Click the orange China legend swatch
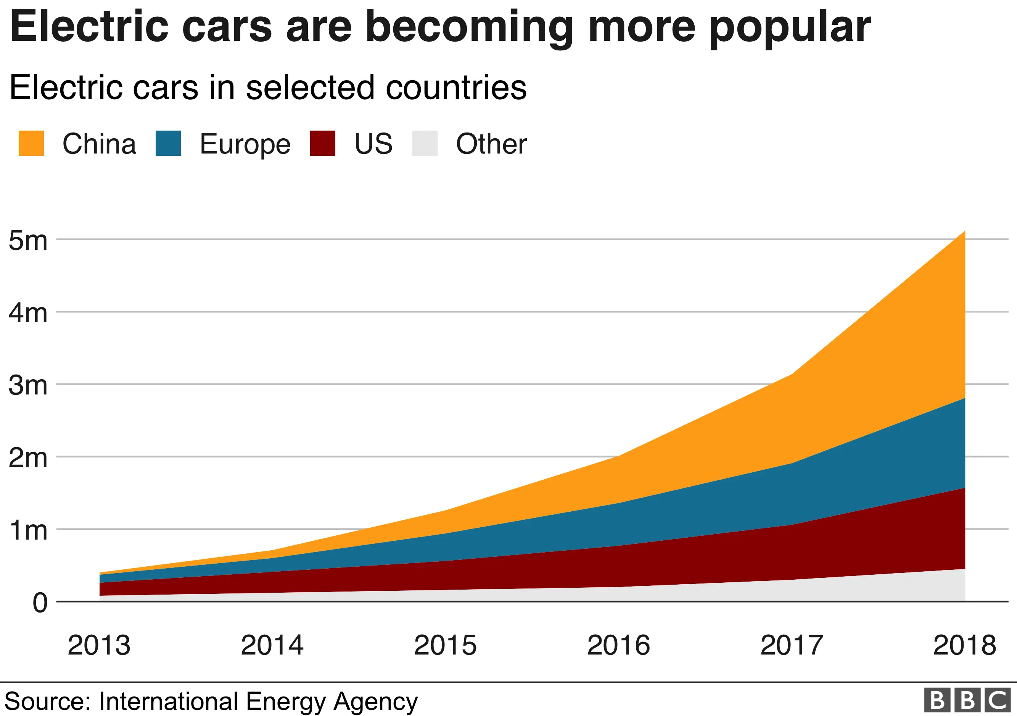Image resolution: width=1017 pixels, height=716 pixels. click(31, 143)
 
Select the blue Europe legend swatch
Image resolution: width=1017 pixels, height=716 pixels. click(168, 143)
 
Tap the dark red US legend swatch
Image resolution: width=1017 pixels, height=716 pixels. click(322, 143)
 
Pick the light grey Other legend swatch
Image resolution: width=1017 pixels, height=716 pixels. click(425, 143)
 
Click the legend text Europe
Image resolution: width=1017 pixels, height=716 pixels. click(245, 144)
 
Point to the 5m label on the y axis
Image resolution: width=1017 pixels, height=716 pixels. click(28, 241)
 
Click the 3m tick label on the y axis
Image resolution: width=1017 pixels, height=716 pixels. click(28, 385)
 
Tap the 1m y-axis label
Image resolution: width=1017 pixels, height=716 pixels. click(28, 530)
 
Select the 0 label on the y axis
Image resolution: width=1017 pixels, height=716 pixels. click(40, 603)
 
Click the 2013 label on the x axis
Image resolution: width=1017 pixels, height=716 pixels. click(99, 645)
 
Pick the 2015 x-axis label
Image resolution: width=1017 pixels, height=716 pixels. click(445, 645)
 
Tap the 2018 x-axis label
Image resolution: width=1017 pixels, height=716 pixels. click(964, 645)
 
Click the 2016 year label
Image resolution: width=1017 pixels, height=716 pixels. click(618, 645)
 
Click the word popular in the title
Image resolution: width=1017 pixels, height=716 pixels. click(790, 27)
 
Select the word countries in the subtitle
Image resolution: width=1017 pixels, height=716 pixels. click(456, 87)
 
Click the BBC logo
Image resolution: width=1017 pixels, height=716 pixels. click(967, 700)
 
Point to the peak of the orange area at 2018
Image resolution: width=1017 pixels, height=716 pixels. click(964, 232)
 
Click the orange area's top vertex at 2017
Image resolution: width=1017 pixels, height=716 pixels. click(792, 375)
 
